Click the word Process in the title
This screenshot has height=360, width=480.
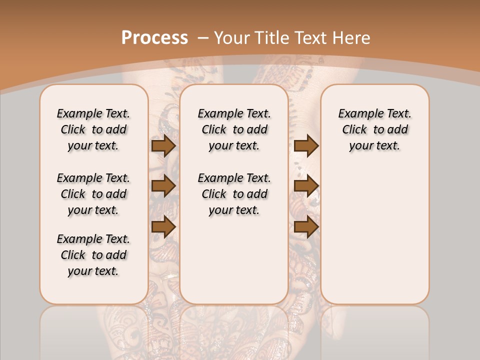point(154,37)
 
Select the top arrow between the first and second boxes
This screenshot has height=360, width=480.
point(163,145)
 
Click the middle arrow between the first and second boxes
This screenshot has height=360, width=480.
point(163,186)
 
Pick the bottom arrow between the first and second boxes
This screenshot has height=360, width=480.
point(163,226)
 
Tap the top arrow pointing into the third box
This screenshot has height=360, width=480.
point(306,145)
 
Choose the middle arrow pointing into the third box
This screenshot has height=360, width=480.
point(306,186)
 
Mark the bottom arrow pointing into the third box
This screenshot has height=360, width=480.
point(306,226)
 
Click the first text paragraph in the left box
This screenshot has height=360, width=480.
point(93,129)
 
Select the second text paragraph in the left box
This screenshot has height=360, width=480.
point(93,194)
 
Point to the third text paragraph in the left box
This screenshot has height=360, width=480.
point(93,255)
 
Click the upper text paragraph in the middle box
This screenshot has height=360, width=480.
point(234,129)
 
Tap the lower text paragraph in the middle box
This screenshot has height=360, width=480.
point(234,194)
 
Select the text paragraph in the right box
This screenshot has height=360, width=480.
point(375,129)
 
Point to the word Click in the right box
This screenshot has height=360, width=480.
point(354,130)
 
